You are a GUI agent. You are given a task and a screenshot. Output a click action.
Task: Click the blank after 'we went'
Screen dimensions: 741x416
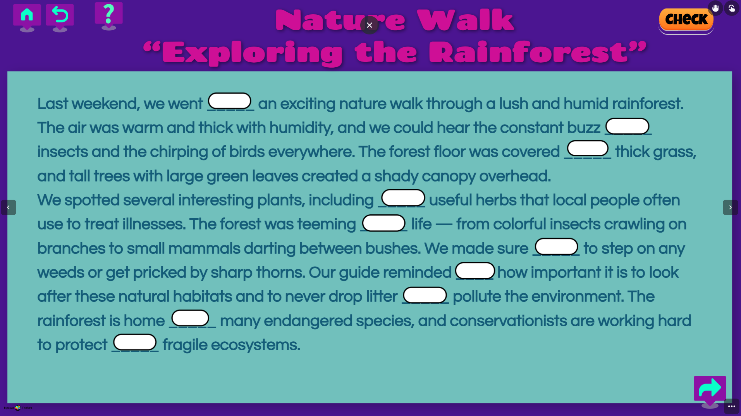click(230, 101)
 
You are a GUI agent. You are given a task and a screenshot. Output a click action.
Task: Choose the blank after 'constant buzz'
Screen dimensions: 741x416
click(627, 126)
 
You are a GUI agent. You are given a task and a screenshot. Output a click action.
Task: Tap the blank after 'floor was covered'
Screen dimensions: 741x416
click(588, 148)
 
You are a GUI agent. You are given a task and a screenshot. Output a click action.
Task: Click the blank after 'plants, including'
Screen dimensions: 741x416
click(403, 198)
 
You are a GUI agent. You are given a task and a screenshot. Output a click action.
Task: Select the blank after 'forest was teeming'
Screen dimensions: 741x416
click(384, 223)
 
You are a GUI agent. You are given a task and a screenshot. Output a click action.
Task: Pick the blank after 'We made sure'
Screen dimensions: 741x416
click(557, 247)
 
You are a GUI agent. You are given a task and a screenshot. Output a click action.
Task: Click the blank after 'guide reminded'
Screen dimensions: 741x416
click(475, 270)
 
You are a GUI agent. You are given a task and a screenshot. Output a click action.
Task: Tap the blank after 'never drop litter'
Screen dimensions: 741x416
click(425, 295)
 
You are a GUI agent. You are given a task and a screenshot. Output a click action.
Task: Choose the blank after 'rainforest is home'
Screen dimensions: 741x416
click(190, 318)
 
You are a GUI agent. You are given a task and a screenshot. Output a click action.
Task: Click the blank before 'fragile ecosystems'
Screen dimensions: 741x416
click(135, 342)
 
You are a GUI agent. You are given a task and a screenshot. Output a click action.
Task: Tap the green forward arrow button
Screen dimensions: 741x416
click(710, 388)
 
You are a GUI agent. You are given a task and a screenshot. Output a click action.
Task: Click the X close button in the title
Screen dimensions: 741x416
click(370, 25)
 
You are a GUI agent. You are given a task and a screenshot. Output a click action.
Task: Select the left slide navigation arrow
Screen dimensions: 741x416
click(9, 207)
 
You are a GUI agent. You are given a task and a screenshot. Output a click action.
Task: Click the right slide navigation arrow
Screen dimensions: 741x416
click(730, 207)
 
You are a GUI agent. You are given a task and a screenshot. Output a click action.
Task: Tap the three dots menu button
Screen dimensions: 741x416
click(731, 406)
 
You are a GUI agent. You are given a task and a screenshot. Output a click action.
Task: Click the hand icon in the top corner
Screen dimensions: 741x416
click(715, 8)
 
